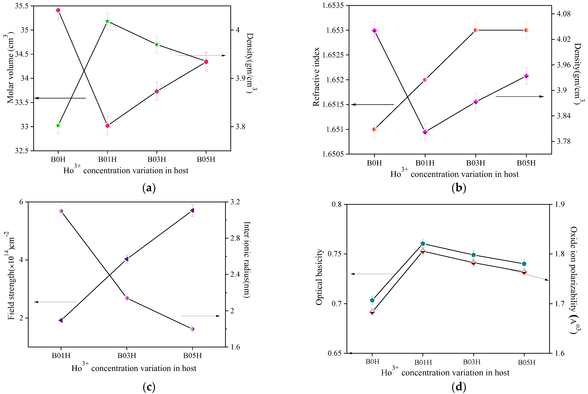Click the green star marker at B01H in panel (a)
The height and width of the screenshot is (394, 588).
point(107,21)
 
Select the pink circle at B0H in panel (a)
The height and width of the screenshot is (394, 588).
point(58,10)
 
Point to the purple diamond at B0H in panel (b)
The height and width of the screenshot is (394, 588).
point(374,30)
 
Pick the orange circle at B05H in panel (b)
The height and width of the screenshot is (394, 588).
point(526,30)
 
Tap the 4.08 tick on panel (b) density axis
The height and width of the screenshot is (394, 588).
point(564,13)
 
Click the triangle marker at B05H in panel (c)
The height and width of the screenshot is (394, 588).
point(192,210)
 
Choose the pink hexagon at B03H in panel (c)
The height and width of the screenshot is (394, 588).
point(127,298)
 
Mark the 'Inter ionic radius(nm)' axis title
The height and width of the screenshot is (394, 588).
point(247,260)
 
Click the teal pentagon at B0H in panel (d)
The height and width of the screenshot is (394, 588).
point(372,300)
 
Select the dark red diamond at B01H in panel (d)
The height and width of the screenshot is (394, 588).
point(423,251)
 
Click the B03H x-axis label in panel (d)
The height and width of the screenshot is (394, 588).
point(472,362)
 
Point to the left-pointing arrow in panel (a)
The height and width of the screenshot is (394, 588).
point(60,98)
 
